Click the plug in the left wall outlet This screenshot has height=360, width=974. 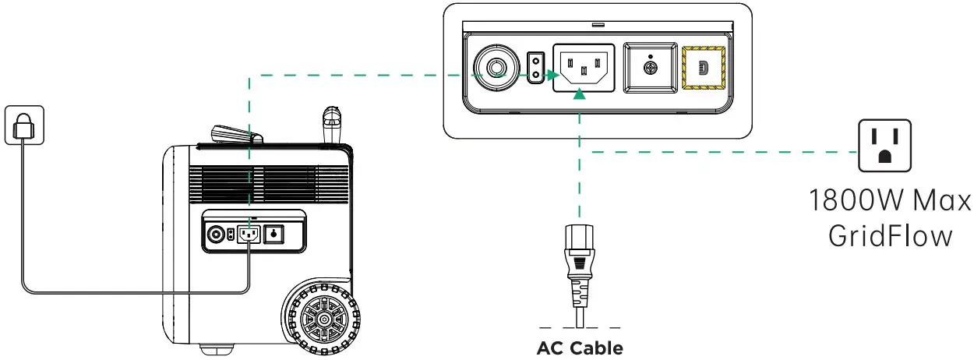point(24,125)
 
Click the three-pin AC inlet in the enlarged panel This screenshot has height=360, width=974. point(584,69)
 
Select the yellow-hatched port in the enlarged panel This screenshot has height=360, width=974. point(703,69)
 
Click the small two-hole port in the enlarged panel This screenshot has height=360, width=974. point(535,69)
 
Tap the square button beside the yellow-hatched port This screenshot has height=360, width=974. point(651,69)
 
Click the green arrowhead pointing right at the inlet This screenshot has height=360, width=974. point(552,76)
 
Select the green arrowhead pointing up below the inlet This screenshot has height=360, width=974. point(579,95)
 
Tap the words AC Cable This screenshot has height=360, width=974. point(580,348)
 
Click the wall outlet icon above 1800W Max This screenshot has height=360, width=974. point(884,146)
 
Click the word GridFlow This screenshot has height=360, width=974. point(889,235)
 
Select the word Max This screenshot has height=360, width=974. point(944,201)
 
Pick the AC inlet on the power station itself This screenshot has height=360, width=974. point(249,233)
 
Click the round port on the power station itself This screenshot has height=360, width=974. point(215,233)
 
